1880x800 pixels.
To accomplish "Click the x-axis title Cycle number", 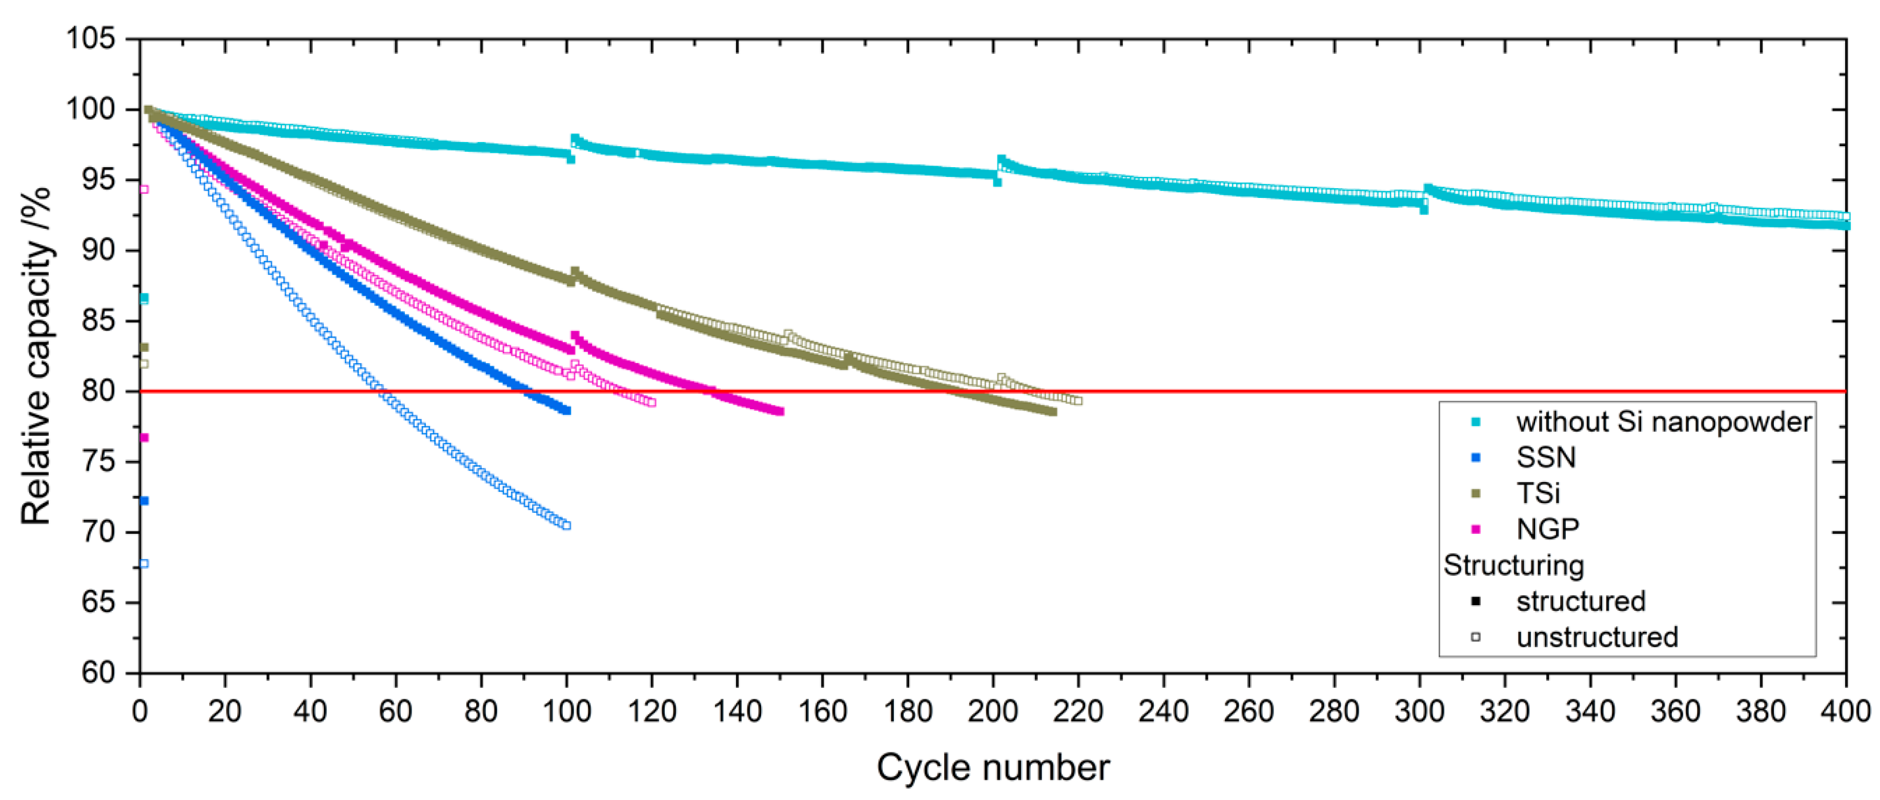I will point(993,767).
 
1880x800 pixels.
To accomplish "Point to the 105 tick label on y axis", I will point(91,38).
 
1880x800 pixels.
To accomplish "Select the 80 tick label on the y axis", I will point(98,392).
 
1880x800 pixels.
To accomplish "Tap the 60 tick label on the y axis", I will point(98,672).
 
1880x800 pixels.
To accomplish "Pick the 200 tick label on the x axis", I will point(993,711).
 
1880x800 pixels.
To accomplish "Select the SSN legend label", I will point(1546,457).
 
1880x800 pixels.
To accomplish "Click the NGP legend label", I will point(1547,529).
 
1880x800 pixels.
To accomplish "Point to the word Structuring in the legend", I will point(1514,565).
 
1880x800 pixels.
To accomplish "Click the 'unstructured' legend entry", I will point(1597,637).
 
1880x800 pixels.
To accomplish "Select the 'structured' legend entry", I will point(1581,602).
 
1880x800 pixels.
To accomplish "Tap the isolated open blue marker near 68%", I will point(144,564).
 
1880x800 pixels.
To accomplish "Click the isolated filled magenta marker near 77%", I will point(144,438).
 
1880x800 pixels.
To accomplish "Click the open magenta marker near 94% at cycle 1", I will point(144,190).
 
